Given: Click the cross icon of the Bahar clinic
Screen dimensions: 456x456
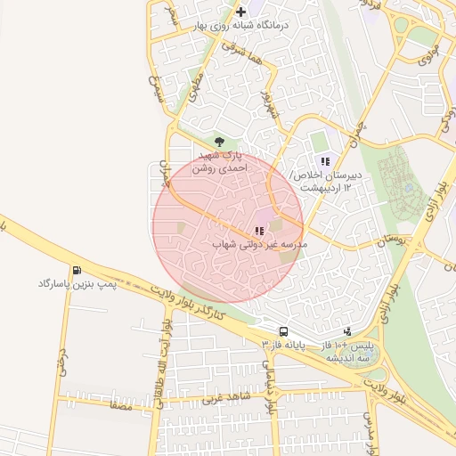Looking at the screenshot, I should click(x=241, y=12).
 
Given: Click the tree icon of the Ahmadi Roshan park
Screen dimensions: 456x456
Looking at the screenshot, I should click(x=220, y=141).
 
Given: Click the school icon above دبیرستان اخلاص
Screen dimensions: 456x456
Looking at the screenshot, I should click(x=325, y=161).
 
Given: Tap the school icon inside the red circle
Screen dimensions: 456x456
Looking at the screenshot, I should click(x=259, y=229).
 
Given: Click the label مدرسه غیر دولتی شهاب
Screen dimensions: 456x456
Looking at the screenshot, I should click(x=260, y=244).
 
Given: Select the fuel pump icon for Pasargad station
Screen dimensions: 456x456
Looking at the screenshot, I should click(x=77, y=270).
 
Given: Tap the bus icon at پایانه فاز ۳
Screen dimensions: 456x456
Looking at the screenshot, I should click(x=282, y=330).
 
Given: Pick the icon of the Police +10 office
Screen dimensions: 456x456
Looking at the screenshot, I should click(x=346, y=330).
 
